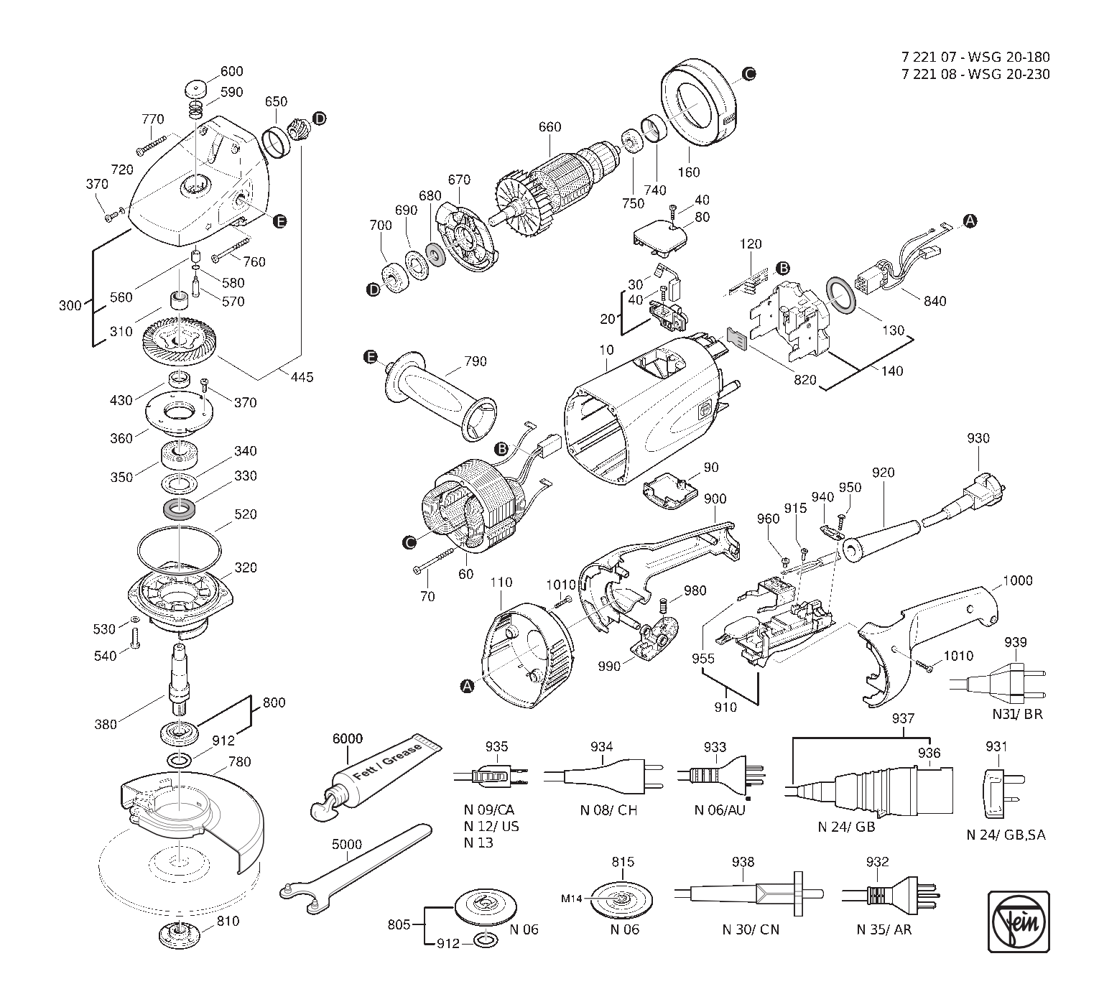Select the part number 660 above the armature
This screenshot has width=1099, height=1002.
549,127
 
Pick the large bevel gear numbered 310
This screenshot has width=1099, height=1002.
179,344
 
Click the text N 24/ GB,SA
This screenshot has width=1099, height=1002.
1006,835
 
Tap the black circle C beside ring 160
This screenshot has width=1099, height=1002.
749,73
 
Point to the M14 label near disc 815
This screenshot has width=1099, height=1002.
572,899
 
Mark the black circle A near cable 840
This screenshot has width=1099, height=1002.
970,221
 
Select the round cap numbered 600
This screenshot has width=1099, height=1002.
195,89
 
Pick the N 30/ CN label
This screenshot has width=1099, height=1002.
751,929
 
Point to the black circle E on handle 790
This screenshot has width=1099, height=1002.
371,357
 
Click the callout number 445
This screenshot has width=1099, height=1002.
302,377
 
